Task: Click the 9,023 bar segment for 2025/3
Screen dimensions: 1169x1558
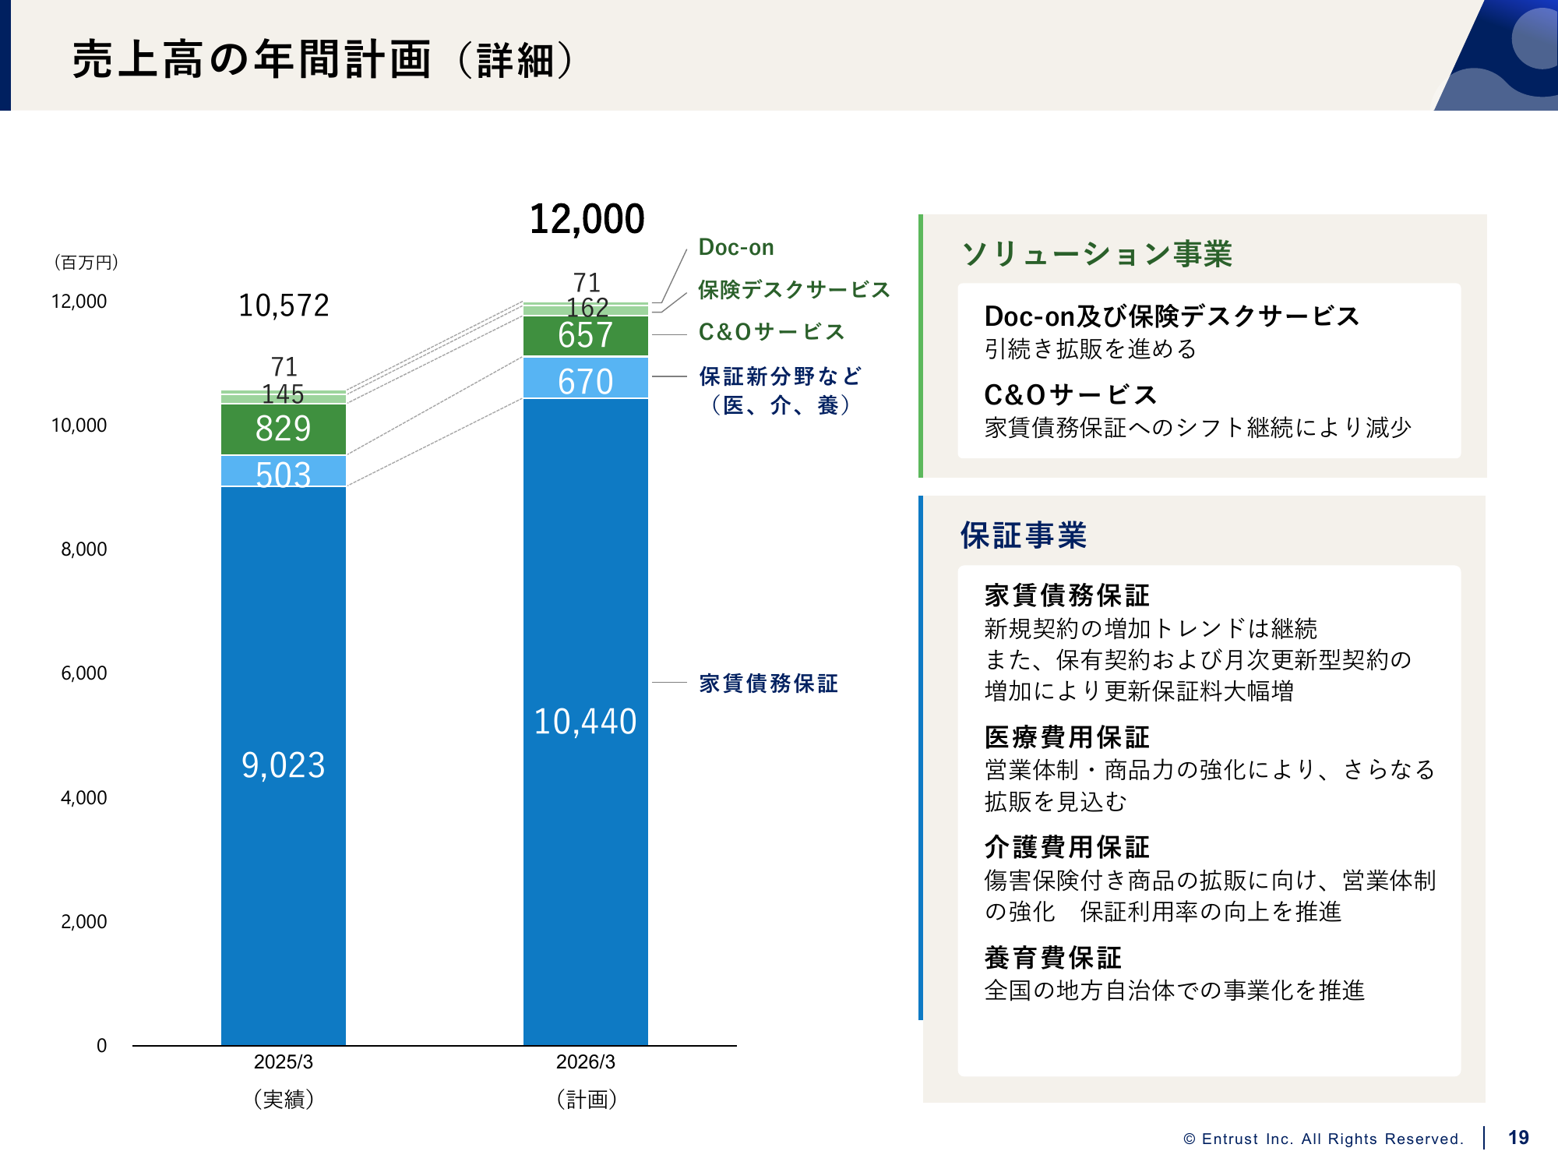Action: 283,765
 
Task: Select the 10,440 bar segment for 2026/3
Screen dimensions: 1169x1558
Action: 585,721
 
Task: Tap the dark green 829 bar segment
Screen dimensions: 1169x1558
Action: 283,429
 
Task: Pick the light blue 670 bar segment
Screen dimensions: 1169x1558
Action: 585,379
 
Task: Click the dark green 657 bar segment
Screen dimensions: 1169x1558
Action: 585,336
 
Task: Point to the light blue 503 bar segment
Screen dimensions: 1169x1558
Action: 283,471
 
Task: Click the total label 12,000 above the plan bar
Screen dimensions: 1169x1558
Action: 587,219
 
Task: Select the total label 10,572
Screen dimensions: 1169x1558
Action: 284,305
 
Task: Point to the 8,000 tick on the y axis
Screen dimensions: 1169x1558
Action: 84,549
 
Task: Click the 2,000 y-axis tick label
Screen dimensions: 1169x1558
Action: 84,922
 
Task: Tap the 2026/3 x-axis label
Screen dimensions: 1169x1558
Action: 585,1062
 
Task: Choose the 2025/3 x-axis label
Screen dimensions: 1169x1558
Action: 283,1062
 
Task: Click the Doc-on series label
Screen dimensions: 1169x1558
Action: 736,248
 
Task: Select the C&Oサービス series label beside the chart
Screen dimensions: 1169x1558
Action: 771,332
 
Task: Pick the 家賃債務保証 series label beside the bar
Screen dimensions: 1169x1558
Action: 768,683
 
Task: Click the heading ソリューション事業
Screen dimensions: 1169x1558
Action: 1097,254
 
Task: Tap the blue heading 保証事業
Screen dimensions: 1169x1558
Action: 1023,535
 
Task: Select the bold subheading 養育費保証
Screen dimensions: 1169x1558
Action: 1052,958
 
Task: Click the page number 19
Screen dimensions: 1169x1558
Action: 1518,1138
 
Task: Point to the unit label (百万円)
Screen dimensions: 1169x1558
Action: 86,263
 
